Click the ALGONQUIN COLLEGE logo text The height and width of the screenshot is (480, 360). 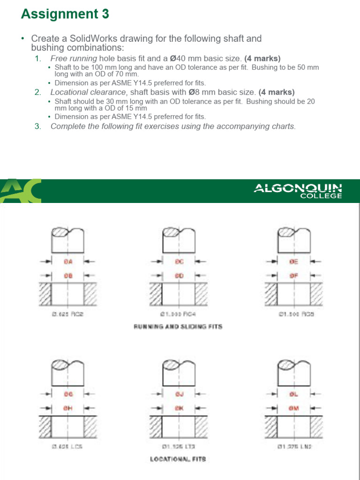pos(298,191)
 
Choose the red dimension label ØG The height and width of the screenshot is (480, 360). pos(68,395)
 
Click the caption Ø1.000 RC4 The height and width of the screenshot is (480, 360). pos(179,315)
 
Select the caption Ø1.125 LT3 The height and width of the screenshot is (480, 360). pos(179,447)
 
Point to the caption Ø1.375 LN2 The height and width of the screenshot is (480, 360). pos(294,447)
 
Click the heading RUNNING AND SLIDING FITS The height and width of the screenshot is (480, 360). pos(178,327)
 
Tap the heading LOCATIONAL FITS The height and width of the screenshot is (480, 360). pos(178,459)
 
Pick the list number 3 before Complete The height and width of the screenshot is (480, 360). pos(37,126)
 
